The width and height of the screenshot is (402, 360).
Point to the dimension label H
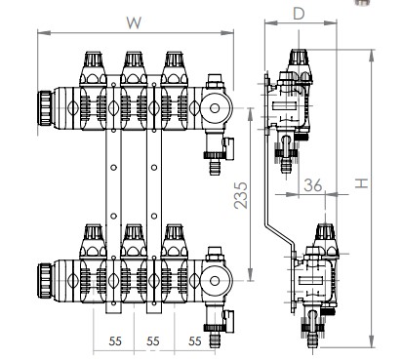click(x=360, y=183)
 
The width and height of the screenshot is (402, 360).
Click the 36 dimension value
click(x=311, y=182)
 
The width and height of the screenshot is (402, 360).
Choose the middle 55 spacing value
click(x=153, y=341)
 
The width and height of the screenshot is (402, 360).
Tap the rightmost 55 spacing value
click(x=195, y=341)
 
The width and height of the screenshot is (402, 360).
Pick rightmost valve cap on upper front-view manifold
click(x=174, y=67)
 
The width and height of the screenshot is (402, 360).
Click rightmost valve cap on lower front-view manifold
click(x=174, y=241)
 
